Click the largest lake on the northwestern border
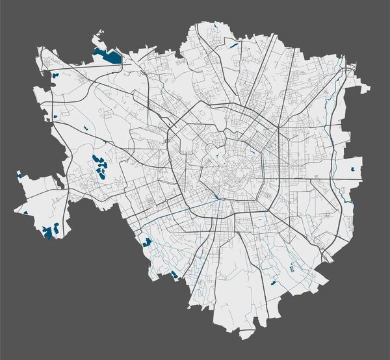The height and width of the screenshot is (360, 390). [x=108, y=56]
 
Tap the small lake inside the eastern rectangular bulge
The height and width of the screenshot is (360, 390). [x=353, y=168]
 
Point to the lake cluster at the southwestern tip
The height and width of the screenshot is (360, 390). [x=49, y=231]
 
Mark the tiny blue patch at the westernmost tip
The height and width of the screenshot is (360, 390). [x=19, y=174]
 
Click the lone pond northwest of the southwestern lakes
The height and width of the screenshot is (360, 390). [x=25, y=212]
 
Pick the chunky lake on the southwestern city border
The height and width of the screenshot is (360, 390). [x=147, y=242]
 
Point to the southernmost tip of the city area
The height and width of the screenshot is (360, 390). [x=246, y=337]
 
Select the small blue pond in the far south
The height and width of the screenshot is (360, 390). [x=273, y=283]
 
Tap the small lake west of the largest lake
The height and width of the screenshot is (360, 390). [x=55, y=75]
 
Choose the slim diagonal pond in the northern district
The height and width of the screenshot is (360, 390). [x=233, y=46]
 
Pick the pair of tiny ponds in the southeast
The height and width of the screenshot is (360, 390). [x=292, y=266]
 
